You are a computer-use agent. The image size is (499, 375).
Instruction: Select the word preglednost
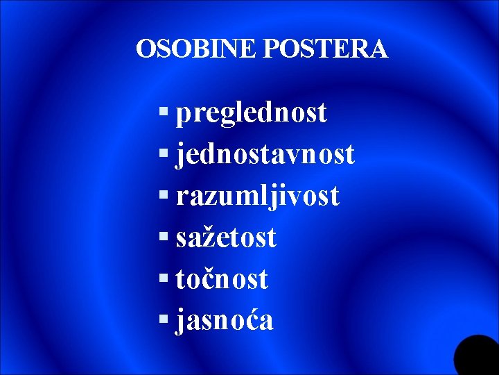pos(252,113)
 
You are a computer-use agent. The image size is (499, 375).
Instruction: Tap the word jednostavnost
pos(265,154)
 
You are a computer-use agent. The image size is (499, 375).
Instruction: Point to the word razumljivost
pos(258,196)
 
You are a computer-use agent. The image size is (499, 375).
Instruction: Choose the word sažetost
pos(226,238)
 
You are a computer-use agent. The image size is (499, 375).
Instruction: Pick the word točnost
pos(222,279)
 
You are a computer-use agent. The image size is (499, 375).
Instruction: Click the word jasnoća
pos(225,321)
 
